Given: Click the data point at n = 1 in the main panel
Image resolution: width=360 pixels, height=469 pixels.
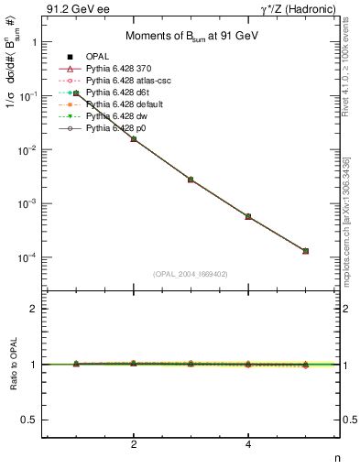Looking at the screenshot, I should [x=76, y=93].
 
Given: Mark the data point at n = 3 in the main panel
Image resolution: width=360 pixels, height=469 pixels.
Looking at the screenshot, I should [x=191, y=180].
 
